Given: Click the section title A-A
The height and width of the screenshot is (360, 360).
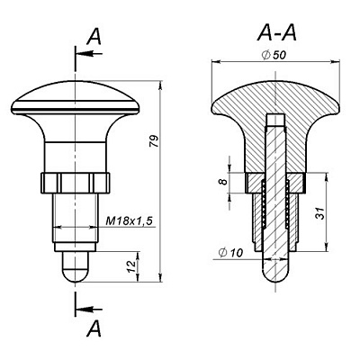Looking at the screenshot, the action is [x=276, y=32].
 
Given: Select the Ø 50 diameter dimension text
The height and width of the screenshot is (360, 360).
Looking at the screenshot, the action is [x=274, y=55].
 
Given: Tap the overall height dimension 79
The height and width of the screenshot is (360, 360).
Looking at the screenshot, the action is [x=154, y=141].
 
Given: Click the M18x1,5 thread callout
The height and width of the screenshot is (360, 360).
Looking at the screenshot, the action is [x=130, y=221].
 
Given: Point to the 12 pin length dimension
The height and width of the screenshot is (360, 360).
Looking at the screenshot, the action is [x=130, y=266].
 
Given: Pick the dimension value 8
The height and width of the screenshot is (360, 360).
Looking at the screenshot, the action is [x=222, y=182].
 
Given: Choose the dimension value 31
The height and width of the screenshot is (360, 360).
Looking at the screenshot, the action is [x=320, y=213].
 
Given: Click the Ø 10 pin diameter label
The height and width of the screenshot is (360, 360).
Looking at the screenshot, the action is [x=230, y=253].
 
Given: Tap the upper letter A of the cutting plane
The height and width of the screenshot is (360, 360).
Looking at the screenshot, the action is [x=94, y=38].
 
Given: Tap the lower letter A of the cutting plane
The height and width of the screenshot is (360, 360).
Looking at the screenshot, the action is [x=94, y=328].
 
